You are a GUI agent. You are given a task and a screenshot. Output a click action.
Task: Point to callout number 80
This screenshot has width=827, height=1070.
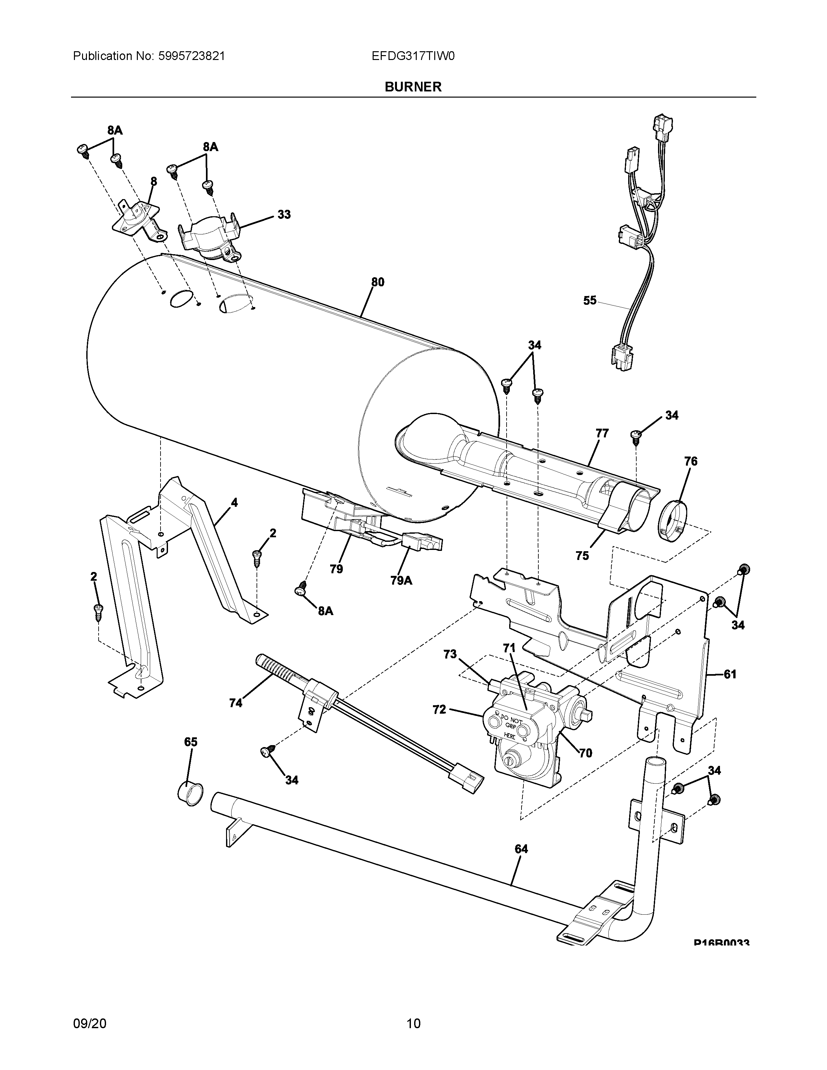coord(377,282)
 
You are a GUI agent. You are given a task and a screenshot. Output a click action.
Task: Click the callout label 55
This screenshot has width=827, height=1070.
coord(590,300)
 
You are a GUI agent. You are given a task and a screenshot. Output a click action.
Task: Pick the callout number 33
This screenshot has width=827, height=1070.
coord(284,215)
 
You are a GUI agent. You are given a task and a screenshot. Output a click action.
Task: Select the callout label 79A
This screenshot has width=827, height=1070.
coord(401,581)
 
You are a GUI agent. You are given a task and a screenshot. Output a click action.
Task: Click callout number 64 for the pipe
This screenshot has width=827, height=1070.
coord(521,849)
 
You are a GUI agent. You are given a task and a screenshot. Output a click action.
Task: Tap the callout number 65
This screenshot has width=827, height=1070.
coord(191,742)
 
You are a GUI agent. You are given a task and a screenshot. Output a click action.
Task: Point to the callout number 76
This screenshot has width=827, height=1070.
coord(690,461)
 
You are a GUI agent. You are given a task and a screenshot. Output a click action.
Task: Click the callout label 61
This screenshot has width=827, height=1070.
coord(730,675)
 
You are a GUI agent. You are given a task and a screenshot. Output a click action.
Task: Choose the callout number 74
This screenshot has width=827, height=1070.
coord(236,703)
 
